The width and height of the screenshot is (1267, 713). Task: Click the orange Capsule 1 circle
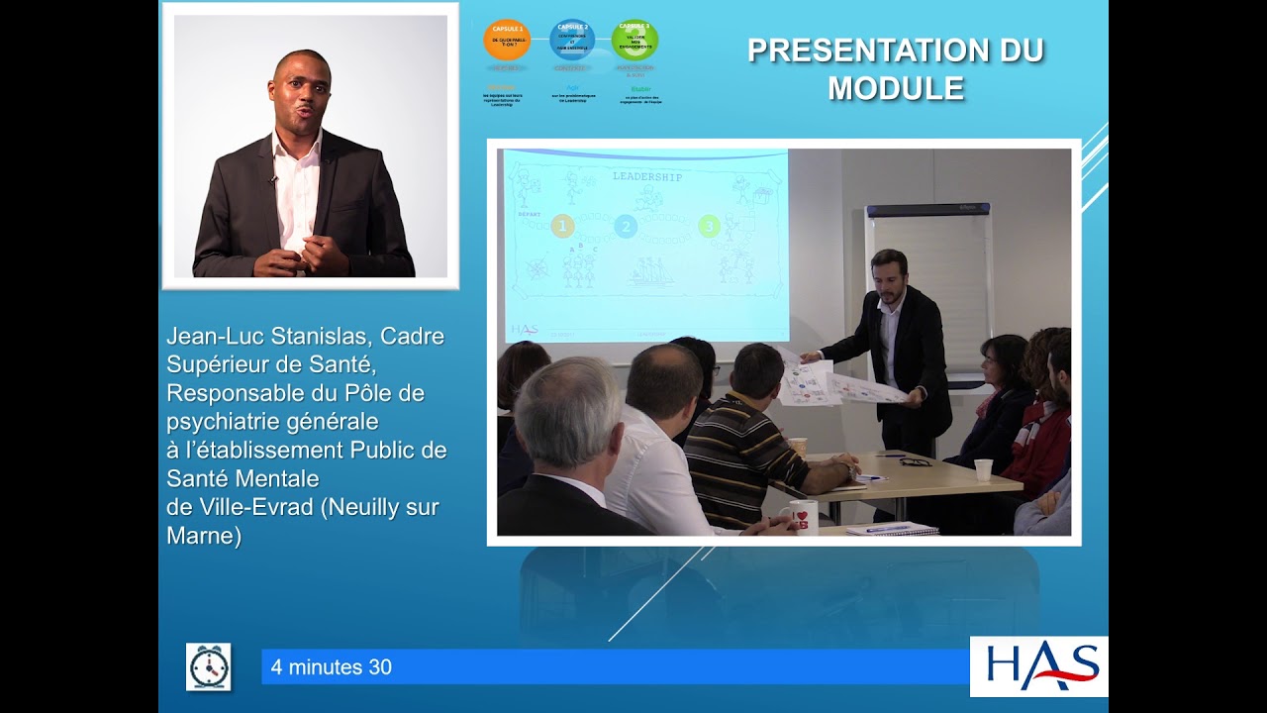pos(506,41)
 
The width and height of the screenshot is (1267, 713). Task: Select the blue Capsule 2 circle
pos(572,41)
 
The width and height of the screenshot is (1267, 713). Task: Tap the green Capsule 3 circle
pos(634,41)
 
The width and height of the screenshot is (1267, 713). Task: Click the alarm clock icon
pos(208,666)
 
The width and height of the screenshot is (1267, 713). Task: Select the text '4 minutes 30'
pos(331,667)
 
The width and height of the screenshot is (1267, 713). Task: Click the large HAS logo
pos(1038,666)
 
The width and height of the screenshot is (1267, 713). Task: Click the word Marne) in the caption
pos(204,537)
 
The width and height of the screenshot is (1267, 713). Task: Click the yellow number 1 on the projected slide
pos(562,227)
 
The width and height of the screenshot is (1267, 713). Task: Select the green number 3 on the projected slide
pos(709,227)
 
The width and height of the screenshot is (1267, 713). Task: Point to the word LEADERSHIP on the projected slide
pos(647,176)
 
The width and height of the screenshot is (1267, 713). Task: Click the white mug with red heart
pos(803,515)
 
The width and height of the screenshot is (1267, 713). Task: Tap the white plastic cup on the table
pos(983,469)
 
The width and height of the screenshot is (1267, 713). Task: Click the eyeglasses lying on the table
pos(915,461)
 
